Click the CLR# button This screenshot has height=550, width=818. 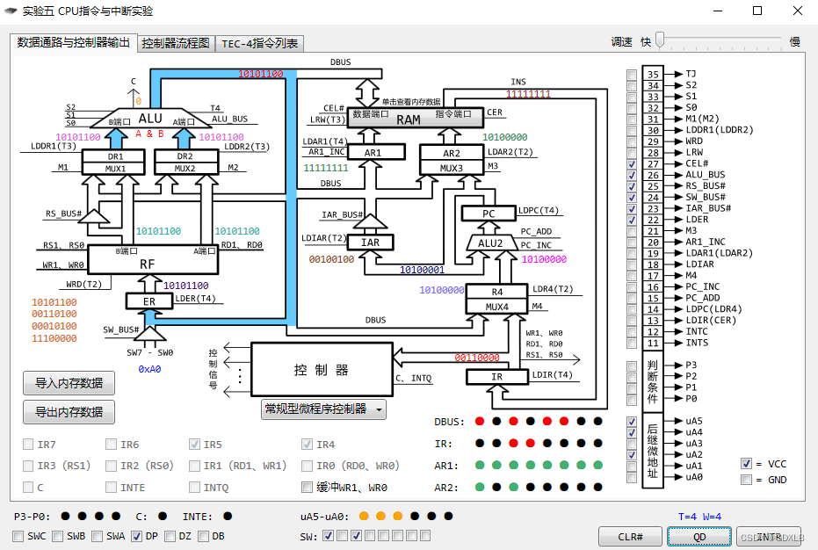pos(629,536)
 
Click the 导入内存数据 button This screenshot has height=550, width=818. pos(69,383)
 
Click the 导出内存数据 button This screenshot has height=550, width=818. pos(69,411)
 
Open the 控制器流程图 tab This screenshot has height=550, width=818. pos(176,43)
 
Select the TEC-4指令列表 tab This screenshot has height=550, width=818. pos(259,43)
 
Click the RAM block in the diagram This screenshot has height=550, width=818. pos(408,119)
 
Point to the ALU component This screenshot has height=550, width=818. pos(150,119)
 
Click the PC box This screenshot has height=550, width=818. pos(488,213)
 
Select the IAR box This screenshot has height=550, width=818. pos(371,242)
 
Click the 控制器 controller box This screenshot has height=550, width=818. pos(321,370)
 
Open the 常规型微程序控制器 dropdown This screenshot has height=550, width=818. pos(324,409)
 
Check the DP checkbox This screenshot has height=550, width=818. pos(136,536)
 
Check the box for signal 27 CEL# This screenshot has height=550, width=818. pos(632,164)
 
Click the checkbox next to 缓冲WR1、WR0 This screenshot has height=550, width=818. pos(307,488)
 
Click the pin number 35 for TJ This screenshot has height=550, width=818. pos(653,75)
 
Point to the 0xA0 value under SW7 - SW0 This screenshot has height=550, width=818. pos(151,370)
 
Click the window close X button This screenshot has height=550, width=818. pos(797,11)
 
